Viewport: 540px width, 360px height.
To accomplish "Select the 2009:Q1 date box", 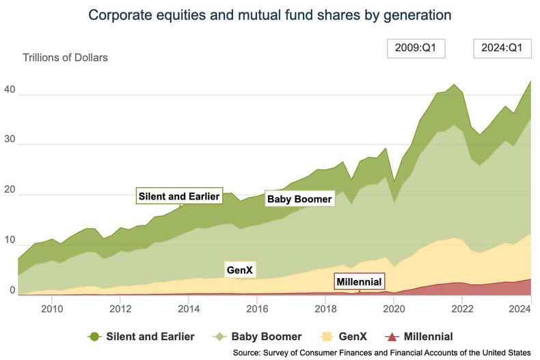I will click(x=416, y=49).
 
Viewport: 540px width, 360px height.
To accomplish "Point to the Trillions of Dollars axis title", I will click(x=66, y=57).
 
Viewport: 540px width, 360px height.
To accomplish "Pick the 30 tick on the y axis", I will click(x=10, y=144).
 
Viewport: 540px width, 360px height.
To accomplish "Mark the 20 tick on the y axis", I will click(x=10, y=194).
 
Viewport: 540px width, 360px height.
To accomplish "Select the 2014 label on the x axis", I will click(x=189, y=308).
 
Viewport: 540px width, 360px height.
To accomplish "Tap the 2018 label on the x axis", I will click(x=325, y=308).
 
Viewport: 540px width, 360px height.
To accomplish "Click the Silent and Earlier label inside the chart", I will click(x=179, y=197).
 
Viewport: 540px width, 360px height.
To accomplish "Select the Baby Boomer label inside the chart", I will click(x=299, y=199).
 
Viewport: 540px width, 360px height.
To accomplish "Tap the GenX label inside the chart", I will click(x=239, y=271).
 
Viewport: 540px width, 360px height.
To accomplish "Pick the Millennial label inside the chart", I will click(x=359, y=281).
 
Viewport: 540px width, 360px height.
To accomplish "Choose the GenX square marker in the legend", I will click(x=326, y=336).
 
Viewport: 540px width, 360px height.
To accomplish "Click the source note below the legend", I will click(x=381, y=352).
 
